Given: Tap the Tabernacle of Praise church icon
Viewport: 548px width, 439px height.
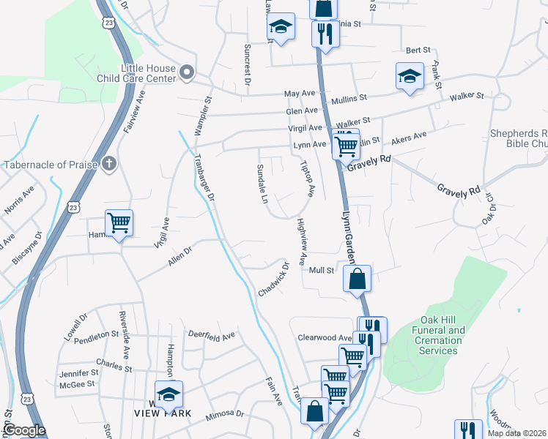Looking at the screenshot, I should tap(109, 163).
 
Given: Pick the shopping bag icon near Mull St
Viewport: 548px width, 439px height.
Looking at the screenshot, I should tap(357, 279).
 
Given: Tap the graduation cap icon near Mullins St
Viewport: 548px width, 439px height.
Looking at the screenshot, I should tap(410, 76).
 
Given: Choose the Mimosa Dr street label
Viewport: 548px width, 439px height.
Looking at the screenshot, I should tap(224, 413).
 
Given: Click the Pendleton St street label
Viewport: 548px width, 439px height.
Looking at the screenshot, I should tap(96, 334).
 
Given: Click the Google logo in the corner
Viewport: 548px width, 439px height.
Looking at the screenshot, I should tap(23, 430).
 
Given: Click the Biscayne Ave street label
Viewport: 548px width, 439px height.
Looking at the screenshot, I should tap(29, 244).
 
